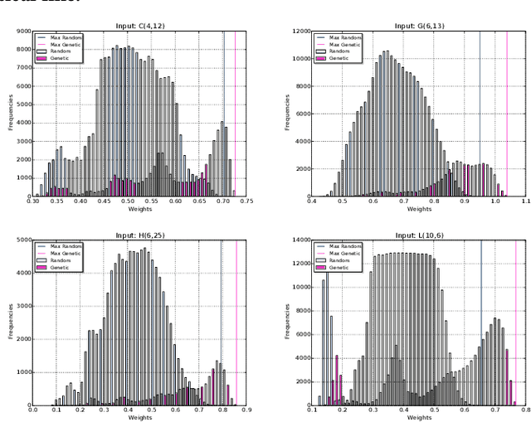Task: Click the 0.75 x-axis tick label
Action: click(x=248, y=201)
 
